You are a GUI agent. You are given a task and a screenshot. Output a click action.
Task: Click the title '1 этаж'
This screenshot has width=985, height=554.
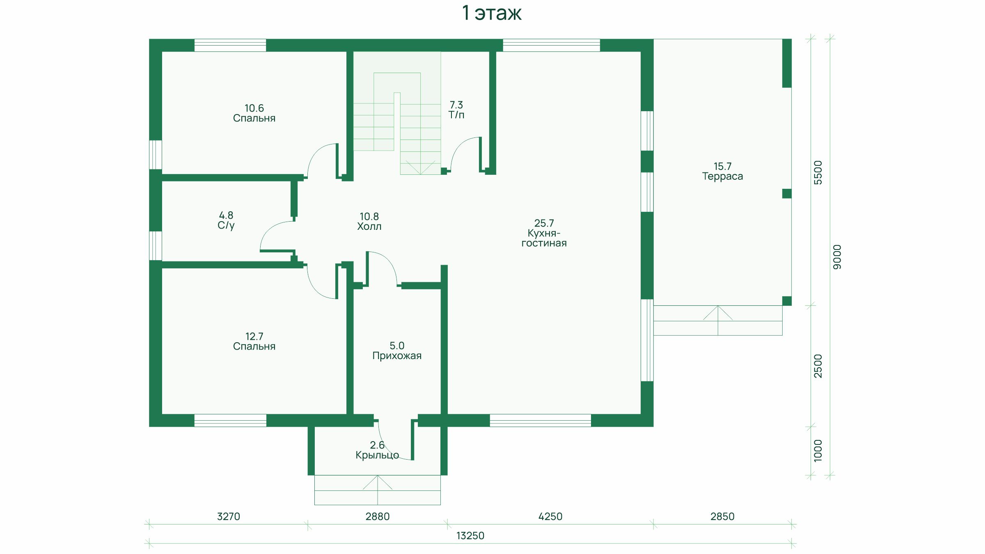(492, 13)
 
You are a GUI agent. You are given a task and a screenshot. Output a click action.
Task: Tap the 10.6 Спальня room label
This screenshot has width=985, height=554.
(254, 113)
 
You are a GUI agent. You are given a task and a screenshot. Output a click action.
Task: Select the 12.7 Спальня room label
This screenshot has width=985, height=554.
(254, 341)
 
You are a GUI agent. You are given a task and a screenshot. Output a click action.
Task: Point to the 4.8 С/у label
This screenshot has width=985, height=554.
(226, 220)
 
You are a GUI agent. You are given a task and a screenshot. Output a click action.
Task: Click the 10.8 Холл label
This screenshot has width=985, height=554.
(369, 221)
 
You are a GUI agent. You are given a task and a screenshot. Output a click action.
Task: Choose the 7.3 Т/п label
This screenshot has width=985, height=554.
(456, 110)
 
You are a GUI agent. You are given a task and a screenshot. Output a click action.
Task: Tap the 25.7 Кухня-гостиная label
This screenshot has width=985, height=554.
(544, 233)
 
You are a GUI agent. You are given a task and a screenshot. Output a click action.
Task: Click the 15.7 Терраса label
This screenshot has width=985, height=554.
(722, 171)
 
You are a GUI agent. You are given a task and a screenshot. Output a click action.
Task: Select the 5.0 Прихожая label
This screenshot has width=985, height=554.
(397, 350)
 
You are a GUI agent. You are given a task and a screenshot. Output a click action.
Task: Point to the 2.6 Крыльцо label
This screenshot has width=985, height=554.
(377, 450)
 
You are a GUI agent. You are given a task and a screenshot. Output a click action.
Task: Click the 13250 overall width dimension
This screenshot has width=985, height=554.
(470, 536)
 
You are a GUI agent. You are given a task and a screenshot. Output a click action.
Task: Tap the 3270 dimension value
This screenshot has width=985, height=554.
(229, 516)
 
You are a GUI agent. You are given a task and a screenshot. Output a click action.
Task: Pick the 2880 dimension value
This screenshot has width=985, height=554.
(378, 516)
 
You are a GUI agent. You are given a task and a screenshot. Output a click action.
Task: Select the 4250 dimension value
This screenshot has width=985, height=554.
(550, 516)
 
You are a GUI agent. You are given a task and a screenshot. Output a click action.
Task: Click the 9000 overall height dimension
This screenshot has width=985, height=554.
(837, 257)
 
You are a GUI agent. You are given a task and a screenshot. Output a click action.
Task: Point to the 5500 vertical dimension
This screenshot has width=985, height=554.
(818, 173)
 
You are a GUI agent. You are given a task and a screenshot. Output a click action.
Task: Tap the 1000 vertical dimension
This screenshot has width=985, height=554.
(818, 451)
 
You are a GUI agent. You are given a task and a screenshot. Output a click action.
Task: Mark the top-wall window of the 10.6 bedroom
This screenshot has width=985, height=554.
(230, 45)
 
